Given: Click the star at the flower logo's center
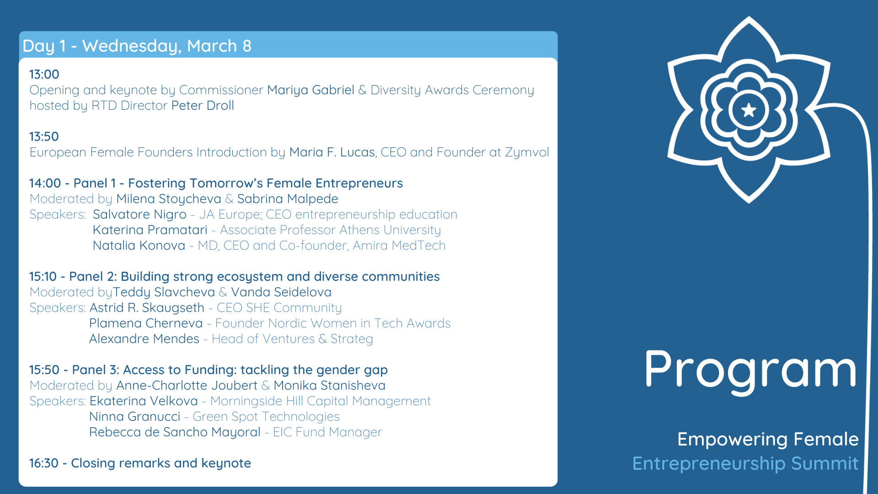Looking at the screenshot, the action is click(749, 110).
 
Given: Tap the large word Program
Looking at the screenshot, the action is click(750, 370).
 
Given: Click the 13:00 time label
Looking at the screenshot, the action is click(44, 74).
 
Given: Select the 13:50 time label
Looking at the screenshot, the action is click(44, 136).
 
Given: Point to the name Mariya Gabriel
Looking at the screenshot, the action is click(311, 90).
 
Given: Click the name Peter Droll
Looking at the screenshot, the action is click(203, 106).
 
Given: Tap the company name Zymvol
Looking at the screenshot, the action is click(527, 152).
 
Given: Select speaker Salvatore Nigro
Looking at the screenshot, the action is click(139, 215).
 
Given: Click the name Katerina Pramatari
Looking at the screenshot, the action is click(150, 230).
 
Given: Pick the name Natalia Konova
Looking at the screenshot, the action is click(139, 246).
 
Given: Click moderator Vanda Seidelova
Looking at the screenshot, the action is click(281, 292).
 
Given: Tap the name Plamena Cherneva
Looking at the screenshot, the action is click(146, 323).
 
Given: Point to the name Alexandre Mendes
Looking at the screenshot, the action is click(145, 339).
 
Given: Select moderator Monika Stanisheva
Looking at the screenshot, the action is click(330, 386).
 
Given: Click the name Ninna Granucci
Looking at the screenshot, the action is click(135, 417).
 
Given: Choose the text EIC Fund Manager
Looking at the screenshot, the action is click(327, 432).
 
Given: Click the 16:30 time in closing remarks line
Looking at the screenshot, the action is click(44, 463).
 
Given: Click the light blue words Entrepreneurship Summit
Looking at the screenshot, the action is click(745, 464).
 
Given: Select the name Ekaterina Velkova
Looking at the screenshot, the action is click(144, 401).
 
